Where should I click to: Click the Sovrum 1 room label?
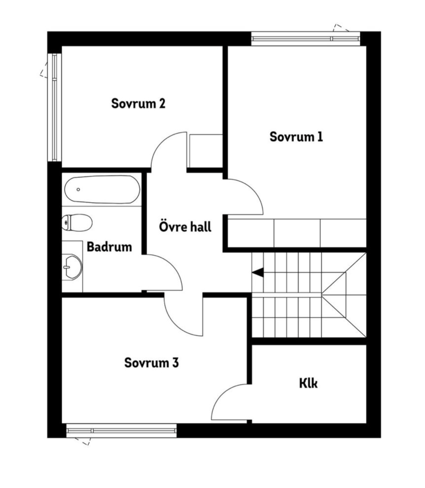[x=296, y=137]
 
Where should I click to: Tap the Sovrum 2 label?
[x=138, y=104]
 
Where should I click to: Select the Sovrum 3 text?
[x=152, y=363]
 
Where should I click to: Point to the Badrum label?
[x=109, y=247]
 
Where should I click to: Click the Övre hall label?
[x=185, y=226]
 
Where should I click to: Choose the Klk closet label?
[x=309, y=383]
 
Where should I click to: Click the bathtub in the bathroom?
[x=102, y=190]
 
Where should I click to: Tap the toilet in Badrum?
[x=77, y=222]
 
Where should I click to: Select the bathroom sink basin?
[x=72, y=267]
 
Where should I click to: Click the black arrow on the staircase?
[x=258, y=272]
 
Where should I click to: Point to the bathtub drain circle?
[x=78, y=190]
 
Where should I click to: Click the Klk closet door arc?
[x=222, y=395]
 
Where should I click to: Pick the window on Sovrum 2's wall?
[x=55, y=107]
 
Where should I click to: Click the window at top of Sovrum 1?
[x=306, y=38]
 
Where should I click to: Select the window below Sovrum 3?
[x=121, y=431]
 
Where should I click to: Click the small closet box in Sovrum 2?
[x=206, y=151]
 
